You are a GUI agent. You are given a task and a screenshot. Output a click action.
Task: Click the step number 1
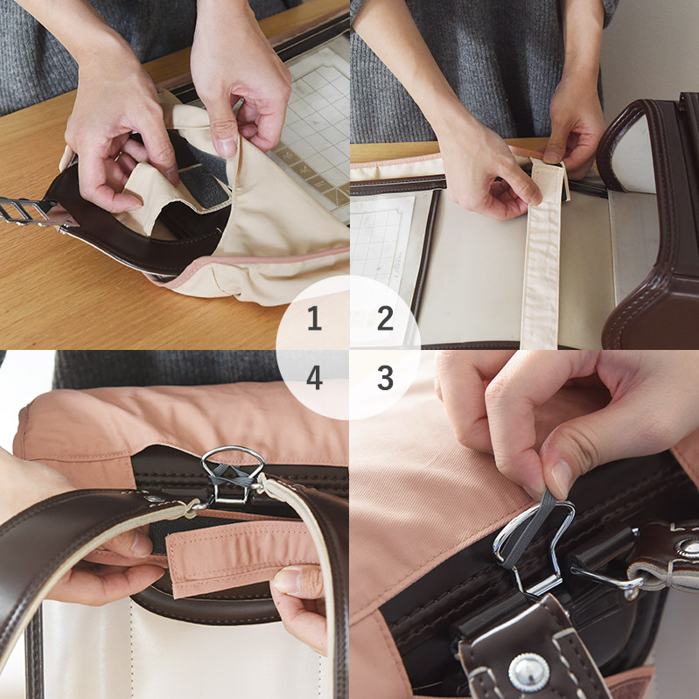(314, 318)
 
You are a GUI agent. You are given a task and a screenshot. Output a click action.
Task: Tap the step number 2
(385, 318)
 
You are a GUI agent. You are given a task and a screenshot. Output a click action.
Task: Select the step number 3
(385, 378)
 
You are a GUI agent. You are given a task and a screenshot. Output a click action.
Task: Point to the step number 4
(314, 378)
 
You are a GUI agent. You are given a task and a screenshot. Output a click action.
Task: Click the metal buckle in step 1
(27, 211)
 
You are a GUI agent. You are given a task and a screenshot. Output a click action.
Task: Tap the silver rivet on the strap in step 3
(528, 672)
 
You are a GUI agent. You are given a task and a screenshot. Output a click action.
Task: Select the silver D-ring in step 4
(232, 473)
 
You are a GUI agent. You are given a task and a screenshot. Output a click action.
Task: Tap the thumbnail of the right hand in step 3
(563, 479)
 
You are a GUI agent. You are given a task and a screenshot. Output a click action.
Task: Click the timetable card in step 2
(381, 249)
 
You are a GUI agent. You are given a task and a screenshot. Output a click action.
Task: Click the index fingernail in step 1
(227, 148)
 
